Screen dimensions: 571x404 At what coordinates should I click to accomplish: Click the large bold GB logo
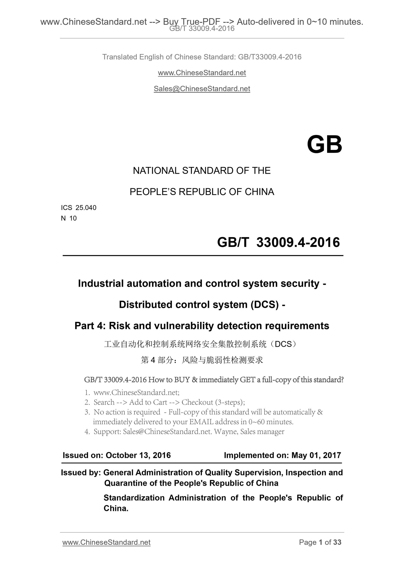[x=324, y=145]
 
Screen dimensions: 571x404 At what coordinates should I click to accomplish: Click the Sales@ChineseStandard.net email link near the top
[x=202, y=89]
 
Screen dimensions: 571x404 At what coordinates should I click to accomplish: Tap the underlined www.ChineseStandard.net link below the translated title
[x=202, y=73]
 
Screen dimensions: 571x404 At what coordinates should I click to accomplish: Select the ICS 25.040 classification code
[x=79, y=208]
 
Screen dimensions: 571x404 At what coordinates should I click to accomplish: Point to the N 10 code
[x=69, y=218]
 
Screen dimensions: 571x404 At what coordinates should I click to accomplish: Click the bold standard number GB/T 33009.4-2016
[x=278, y=242]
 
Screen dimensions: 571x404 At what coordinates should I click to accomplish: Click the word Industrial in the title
[x=100, y=283]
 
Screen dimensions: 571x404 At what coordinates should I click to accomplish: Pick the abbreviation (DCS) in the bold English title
[x=265, y=304]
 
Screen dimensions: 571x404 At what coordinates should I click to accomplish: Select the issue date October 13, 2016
[x=138, y=455]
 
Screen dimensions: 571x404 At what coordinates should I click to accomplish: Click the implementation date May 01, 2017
[x=316, y=455]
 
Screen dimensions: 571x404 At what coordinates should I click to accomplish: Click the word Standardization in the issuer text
[x=134, y=498]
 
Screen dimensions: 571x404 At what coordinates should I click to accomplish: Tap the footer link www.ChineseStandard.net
[x=107, y=542]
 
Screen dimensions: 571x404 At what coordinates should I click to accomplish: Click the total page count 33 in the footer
[x=337, y=542]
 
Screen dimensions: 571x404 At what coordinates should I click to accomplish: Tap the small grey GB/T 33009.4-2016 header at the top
[x=202, y=28]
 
